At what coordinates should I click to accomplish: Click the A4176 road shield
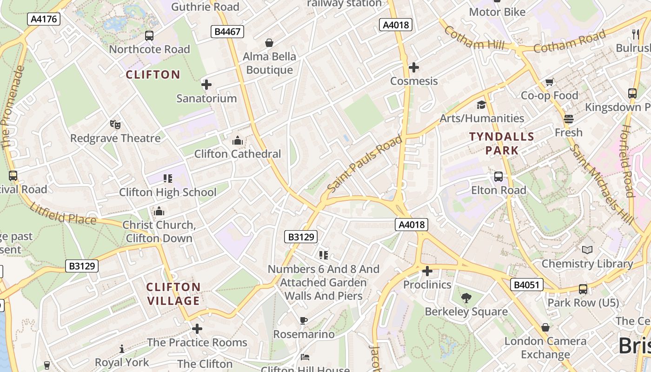[x=44, y=19]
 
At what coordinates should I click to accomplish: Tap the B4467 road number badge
[x=227, y=32]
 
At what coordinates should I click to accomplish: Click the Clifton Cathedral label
[x=238, y=154]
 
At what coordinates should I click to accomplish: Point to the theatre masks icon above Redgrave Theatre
[x=115, y=125]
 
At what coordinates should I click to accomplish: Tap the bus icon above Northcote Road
[x=149, y=36]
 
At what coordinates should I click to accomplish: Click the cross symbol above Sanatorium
[x=206, y=85]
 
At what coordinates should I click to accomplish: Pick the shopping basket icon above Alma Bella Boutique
[x=269, y=43]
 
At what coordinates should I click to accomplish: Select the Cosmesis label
[x=414, y=81]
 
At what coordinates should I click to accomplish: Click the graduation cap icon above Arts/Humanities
[x=481, y=105]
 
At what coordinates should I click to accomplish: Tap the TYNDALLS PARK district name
[x=502, y=144]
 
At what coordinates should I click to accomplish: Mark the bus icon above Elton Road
[x=498, y=177]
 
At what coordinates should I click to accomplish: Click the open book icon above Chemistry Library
[x=587, y=250]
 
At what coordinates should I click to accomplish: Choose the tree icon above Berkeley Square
[x=466, y=298]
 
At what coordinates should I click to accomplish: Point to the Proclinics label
[x=427, y=285]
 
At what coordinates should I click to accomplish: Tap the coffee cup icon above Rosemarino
[x=303, y=320]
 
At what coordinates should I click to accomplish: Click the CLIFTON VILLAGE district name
[x=173, y=294]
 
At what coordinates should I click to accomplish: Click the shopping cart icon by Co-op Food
[x=549, y=82]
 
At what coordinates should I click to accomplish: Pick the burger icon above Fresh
[x=568, y=119]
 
